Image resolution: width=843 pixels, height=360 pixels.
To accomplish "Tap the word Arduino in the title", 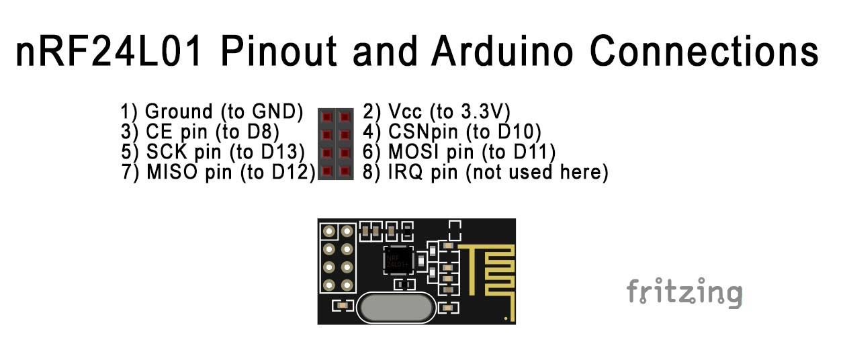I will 502,51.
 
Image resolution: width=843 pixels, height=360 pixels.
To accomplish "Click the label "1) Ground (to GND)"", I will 212,112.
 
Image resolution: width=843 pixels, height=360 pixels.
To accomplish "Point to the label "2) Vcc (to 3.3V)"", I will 437,112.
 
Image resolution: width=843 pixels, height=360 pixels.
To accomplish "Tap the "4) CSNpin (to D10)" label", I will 451,132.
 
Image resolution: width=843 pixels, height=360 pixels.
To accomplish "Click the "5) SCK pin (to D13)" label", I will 212,152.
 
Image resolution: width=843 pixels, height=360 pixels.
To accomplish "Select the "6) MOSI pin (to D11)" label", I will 459,152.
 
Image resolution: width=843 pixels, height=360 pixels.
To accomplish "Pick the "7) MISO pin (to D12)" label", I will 218,173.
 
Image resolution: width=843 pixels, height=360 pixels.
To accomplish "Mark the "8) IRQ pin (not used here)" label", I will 485,173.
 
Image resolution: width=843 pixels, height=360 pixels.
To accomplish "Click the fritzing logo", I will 684,293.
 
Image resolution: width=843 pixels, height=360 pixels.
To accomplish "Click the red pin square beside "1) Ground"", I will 326,117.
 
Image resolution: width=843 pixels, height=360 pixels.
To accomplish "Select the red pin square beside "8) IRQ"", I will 345,171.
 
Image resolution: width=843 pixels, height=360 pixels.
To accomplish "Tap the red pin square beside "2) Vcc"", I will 345,117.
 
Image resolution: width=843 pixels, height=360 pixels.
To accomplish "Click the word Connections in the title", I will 704,51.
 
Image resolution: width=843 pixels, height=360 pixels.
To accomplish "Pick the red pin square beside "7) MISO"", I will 326,171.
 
